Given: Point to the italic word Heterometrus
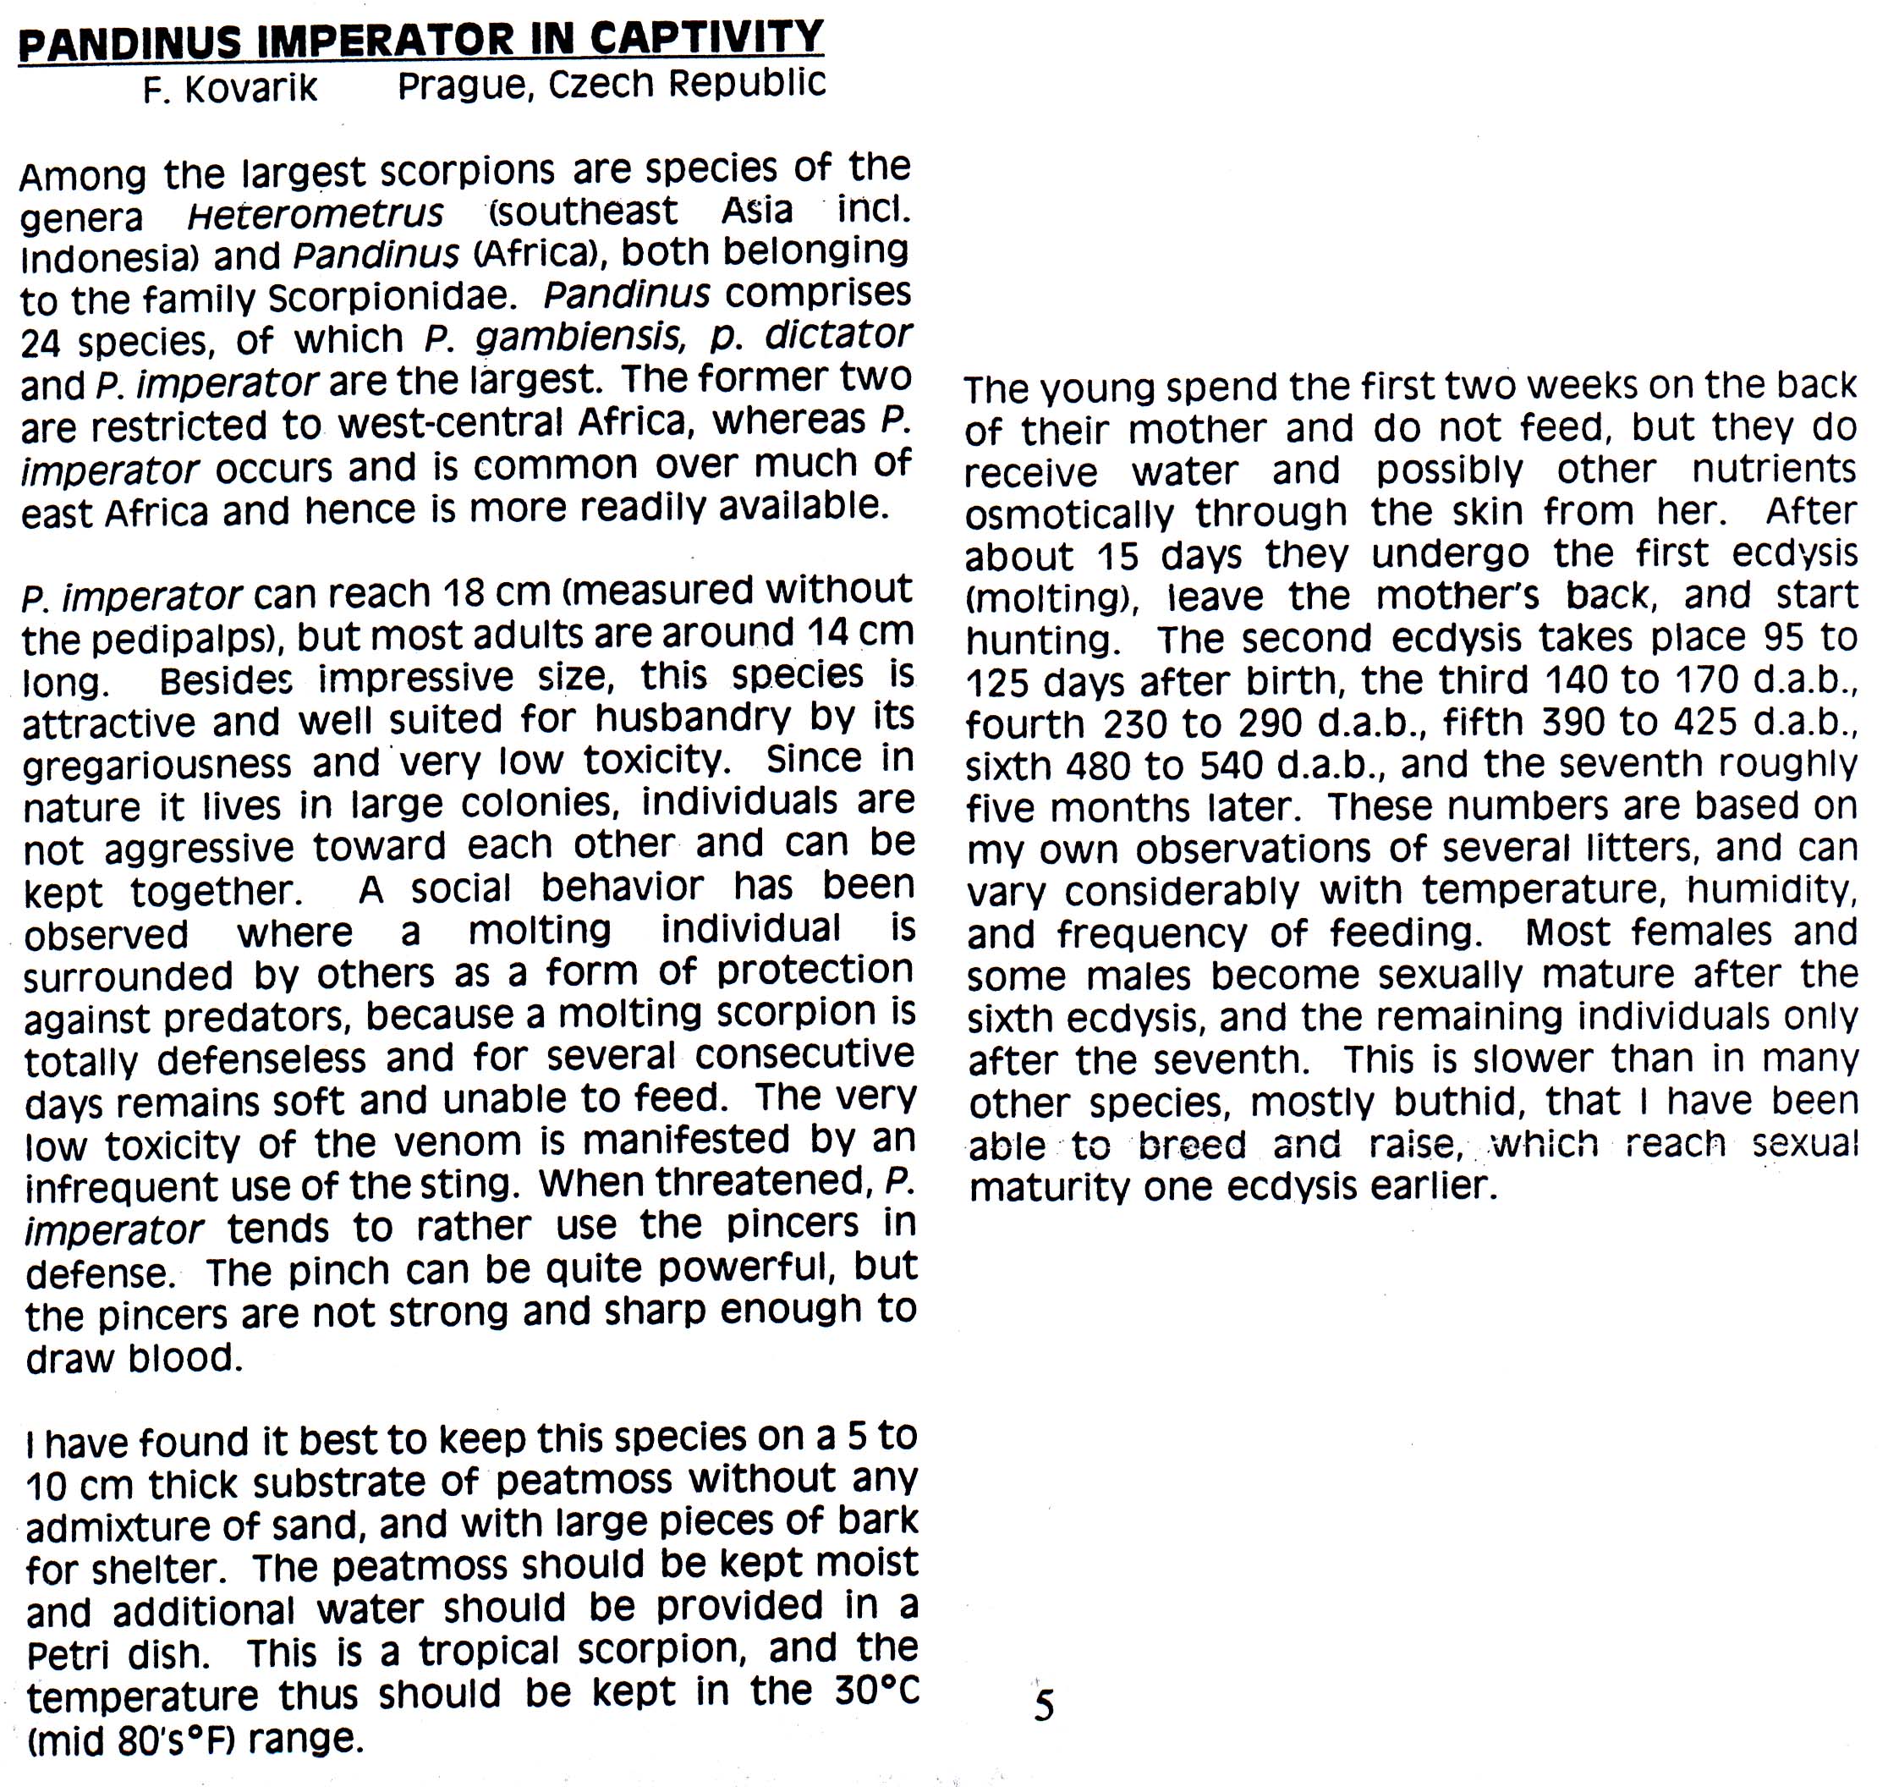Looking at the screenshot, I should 316,214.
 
